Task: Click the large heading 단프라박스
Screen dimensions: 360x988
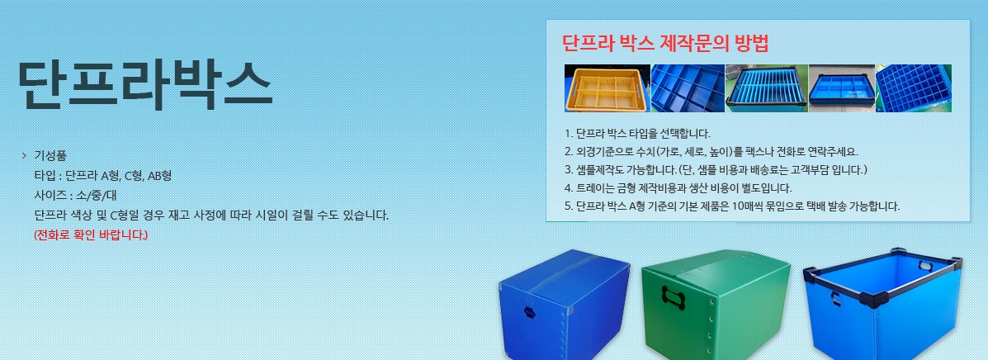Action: pyautogui.click(x=144, y=83)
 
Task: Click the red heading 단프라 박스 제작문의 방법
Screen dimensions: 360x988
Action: pyautogui.click(x=664, y=43)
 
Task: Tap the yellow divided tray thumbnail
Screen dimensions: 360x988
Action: pyautogui.click(x=607, y=88)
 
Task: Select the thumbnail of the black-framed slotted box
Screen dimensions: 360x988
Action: pyautogui.click(x=766, y=88)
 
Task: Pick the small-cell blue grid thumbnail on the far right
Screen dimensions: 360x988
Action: pyautogui.click(x=913, y=88)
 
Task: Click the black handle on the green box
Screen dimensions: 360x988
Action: pyautogui.click(x=674, y=294)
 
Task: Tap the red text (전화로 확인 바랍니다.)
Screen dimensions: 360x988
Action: pyautogui.click(x=91, y=235)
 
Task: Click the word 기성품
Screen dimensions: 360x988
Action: pyautogui.click(x=50, y=156)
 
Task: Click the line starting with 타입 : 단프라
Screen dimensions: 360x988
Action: pyautogui.click(x=102, y=176)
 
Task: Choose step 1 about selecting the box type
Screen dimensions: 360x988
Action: pyautogui.click(x=637, y=133)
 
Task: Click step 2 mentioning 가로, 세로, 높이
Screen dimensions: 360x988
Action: pyautogui.click(x=711, y=151)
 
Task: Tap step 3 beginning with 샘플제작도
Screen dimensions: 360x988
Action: pyautogui.click(x=716, y=169)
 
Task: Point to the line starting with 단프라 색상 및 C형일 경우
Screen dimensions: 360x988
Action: pyautogui.click(x=211, y=216)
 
